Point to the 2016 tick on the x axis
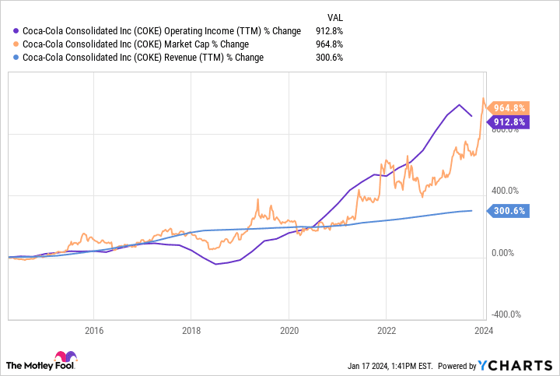[x=93, y=330]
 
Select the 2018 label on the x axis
[x=191, y=330]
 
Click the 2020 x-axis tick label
[x=289, y=330]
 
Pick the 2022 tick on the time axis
[x=387, y=330]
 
